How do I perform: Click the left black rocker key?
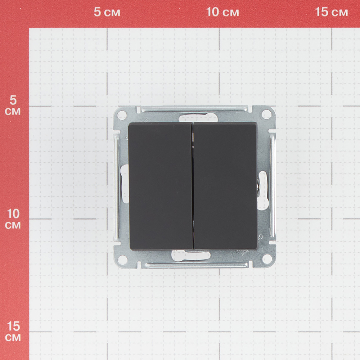coord(161,186)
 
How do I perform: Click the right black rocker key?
coord(225,186)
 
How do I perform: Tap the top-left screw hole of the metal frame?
coord(122,115)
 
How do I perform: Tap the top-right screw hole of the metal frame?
coord(266,114)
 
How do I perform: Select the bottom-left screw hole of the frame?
coord(122,259)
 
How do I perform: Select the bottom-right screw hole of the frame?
coord(267,259)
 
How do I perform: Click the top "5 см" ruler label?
coord(107,12)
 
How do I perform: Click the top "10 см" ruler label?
coord(222,12)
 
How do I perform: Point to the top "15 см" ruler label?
coord(331,12)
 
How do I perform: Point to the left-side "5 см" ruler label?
coord(13,105)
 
